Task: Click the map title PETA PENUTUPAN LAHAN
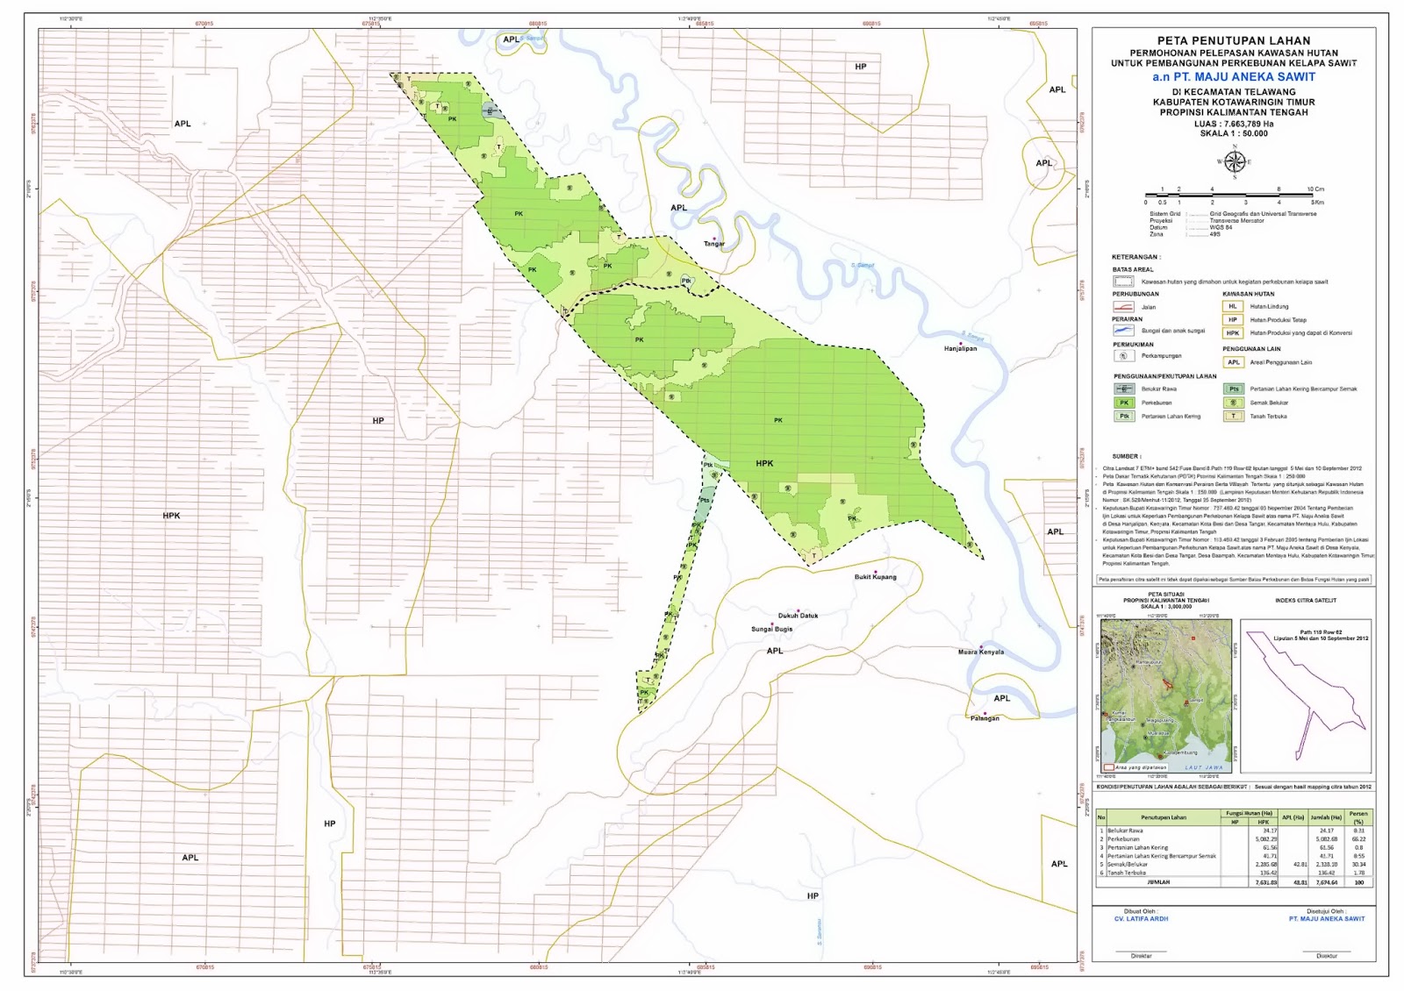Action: tap(1233, 40)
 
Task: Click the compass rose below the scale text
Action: tap(1234, 162)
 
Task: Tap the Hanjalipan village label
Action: tap(960, 348)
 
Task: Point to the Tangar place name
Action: tap(714, 244)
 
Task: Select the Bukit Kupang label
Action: tap(875, 577)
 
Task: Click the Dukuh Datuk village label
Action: tap(798, 616)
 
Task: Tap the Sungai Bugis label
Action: tap(771, 629)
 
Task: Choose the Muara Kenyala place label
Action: tap(980, 652)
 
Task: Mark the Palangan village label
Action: tap(985, 718)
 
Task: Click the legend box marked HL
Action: tap(1233, 307)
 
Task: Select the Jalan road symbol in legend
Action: tap(1123, 307)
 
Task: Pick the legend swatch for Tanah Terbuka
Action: tap(1233, 417)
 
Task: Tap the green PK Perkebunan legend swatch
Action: tap(1123, 403)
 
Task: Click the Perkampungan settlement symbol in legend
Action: tap(1123, 356)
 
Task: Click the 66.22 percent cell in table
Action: tap(1358, 839)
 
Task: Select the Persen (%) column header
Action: tap(1358, 817)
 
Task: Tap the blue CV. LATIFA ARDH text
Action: tap(1141, 919)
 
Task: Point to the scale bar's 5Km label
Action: tap(1317, 203)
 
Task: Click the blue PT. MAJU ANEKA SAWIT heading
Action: tap(1233, 77)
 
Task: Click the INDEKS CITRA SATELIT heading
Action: tap(1306, 601)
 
